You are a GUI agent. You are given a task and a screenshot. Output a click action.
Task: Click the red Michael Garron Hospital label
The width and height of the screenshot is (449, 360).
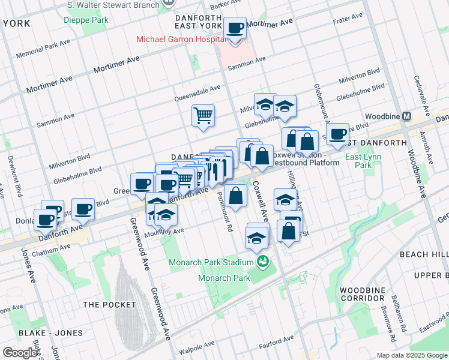click(180, 39)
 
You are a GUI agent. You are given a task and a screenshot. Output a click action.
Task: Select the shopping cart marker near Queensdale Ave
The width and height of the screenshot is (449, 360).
click(203, 115)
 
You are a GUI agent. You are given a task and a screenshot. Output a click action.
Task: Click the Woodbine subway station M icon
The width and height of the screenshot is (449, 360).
click(407, 116)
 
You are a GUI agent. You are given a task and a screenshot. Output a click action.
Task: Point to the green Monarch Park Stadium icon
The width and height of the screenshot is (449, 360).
click(262, 262)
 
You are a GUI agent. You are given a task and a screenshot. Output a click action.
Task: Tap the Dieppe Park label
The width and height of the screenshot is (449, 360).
click(86, 19)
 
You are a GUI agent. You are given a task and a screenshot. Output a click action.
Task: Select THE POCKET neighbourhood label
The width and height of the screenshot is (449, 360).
click(110, 304)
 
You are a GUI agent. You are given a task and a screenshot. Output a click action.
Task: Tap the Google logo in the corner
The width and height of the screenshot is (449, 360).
click(20, 352)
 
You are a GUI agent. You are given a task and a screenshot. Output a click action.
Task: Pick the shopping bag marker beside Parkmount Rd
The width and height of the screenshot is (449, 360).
click(237, 196)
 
